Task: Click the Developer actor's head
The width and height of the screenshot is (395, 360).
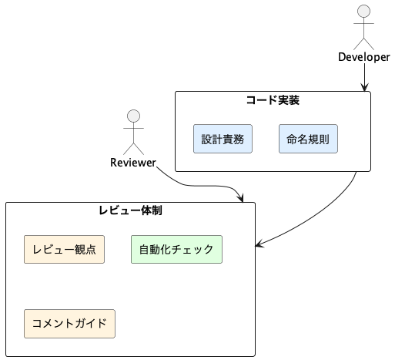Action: click(363, 11)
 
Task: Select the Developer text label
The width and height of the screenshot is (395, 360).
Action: click(364, 57)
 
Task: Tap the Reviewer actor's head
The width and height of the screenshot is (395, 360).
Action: click(133, 116)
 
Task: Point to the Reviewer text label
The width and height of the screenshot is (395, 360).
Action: click(133, 163)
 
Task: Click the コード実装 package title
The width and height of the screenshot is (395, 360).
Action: click(273, 100)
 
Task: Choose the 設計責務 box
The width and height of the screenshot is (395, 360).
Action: click(223, 139)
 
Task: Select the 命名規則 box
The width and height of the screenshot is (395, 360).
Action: click(308, 139)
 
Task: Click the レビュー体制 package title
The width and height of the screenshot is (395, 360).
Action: click(130, 210)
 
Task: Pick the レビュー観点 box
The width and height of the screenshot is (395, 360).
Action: click(64, 249)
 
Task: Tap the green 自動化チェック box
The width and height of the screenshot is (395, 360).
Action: click(176, 249)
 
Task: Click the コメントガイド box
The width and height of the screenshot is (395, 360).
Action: click(69, 324)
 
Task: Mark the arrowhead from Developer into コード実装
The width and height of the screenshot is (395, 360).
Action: click(364, 87)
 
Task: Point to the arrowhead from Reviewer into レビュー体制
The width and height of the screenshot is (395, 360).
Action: click(240, 198)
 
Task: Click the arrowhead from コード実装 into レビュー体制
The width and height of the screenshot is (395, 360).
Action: click(259, 244)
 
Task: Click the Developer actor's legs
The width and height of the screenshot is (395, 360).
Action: click(363, 44)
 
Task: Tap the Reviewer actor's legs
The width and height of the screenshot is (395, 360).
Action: click(133, 149)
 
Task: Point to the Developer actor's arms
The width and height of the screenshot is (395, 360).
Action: click(363, 23)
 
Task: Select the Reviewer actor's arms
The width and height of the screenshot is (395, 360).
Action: click(133, 128)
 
